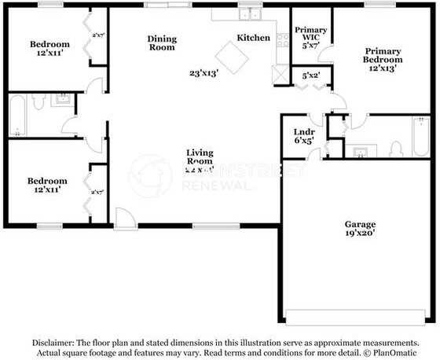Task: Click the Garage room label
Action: click(360, 223)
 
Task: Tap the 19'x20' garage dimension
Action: click(360, 233)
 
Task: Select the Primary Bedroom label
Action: click(382, 55)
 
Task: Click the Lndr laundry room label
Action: click(303, 132)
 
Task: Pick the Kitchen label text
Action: click(254, 38)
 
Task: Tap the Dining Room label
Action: click(163, 42)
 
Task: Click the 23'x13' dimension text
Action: click(203, 72)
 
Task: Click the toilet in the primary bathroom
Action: click(395, 149)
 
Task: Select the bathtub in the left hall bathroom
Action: click(17, 116)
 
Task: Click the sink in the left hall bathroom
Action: click(60, 99)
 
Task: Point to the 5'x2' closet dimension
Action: click(310, 76)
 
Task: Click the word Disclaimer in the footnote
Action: click(53, 343)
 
